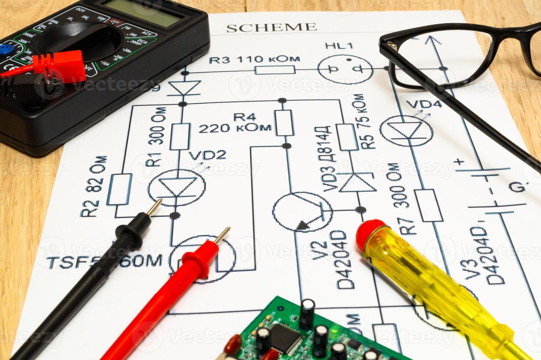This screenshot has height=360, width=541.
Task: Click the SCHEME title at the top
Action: coord(271,28)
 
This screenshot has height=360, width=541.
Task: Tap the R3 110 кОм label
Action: coord(254,59)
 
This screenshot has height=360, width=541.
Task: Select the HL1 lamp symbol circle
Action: coord(345,69)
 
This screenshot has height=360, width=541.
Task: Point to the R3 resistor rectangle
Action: coord(275,69)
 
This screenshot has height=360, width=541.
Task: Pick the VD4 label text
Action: coord(425,104)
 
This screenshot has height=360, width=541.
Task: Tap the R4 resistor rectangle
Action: coord(284,122)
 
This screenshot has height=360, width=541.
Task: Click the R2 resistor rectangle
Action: coord(119,189)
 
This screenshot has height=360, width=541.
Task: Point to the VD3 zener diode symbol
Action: coord(358,182)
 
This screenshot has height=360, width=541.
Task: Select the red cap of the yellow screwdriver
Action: coord(368,231)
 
